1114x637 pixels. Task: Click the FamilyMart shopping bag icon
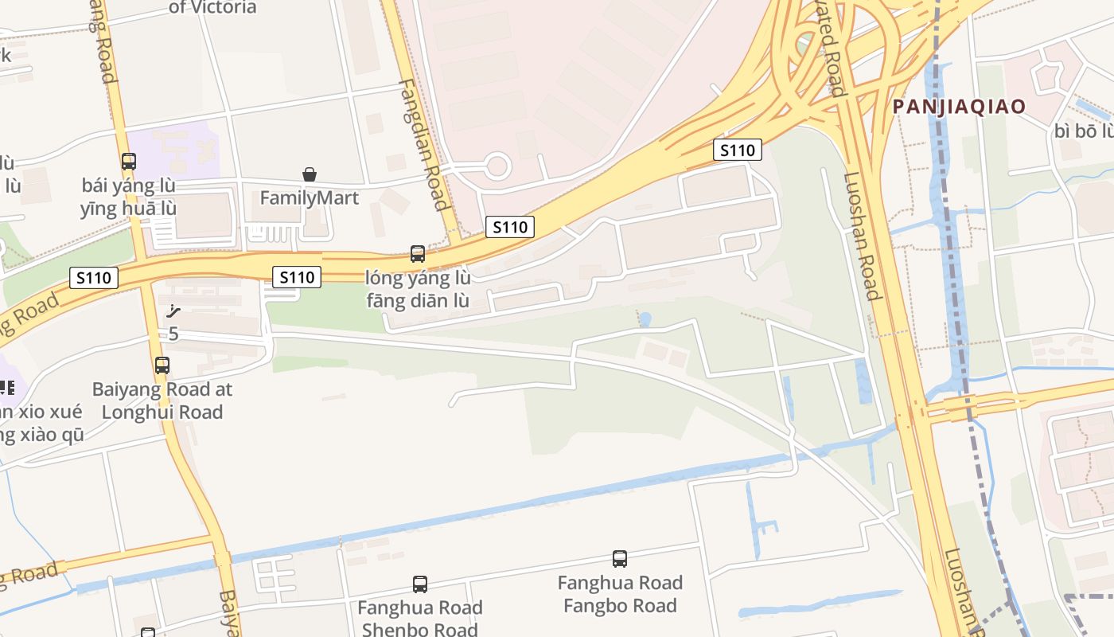(310, 174)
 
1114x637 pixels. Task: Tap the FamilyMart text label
(310, 197)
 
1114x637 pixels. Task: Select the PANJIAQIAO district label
(959, 107)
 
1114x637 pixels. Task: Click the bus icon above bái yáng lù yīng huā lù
(128, 162)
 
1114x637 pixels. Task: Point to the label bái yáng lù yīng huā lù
(128, 197)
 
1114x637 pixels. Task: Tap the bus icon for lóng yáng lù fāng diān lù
(418, 254)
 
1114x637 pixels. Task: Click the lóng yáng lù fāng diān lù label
(418, 289)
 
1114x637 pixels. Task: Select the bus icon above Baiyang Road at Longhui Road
(162, 365)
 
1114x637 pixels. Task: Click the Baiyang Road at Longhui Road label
(162, 401)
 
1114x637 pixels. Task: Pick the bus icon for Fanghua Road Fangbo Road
(620, 559)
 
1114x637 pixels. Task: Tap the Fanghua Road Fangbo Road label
(620, 594)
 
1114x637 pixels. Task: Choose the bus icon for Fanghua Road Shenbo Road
(420, 584)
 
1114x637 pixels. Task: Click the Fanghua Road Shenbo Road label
(420, 619)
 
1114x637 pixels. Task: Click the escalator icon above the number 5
(173, 312)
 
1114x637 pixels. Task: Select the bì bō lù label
(1083, 131)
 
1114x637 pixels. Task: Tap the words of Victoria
(213, 8)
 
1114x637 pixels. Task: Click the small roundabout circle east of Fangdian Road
(497, 166)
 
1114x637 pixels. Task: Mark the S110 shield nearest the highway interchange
(737, 150)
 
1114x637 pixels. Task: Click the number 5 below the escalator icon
(173, 334)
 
